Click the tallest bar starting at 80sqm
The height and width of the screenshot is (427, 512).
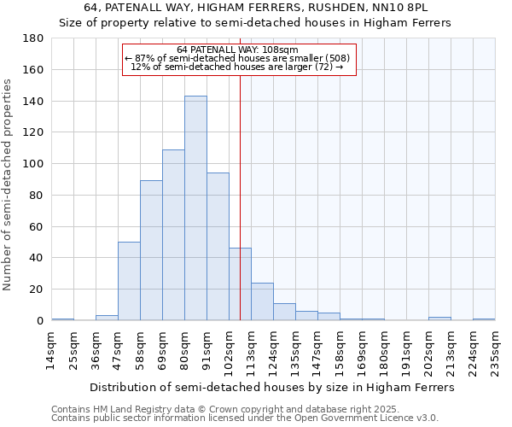click(x=195, y=208)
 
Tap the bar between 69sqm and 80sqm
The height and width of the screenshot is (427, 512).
click(x=173, y=235)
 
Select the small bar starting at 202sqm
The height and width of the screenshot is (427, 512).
click(x=439, y=319)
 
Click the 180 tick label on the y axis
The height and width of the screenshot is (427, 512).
click(x=35, y=38)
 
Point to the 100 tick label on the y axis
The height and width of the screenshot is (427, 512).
click(x=35, y=164)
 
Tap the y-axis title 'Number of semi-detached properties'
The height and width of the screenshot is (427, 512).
click(x=9, y=184)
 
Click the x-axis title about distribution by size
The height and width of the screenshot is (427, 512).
click(x=272, y=387)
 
